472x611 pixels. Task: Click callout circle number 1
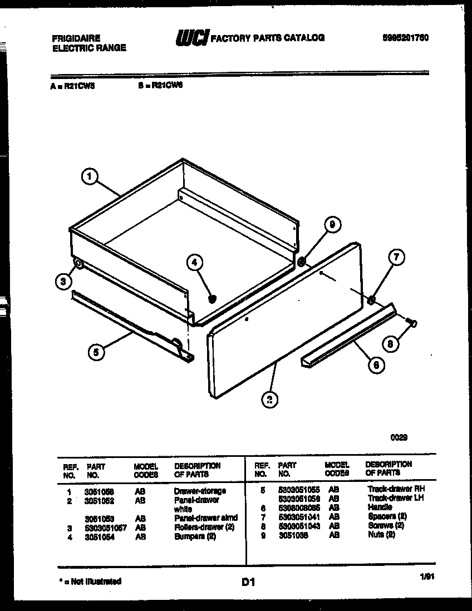click(89, 177)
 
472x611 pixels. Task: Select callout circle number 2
click(269, 398)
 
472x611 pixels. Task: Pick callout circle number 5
click(96, 352)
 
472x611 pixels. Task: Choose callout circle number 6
click(376, 366)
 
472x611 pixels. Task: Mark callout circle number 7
click(396, 257)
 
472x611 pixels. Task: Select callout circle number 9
click(332, 225)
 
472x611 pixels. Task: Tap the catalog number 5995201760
click(405, 38)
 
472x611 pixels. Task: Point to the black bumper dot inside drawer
click(212, 299)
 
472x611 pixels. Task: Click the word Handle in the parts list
click(380, 507)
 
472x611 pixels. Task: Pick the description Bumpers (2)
click(194, 536)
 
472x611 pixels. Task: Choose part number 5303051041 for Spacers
click(299, 517)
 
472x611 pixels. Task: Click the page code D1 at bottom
click(248, 583)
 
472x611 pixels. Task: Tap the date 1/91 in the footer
click(426, 578)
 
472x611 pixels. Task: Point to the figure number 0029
click(399, 437)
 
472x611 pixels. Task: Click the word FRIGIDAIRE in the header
click(76, 38)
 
